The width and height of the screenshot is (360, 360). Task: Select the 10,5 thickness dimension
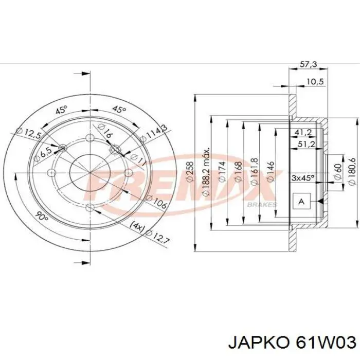[315, 82]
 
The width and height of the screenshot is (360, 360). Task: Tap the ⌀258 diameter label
[189, 172]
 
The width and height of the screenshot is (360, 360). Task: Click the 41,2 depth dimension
[303, 133]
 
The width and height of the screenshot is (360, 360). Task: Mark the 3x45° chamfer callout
[303, 178]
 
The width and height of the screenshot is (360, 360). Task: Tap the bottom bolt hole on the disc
[90, 207]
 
